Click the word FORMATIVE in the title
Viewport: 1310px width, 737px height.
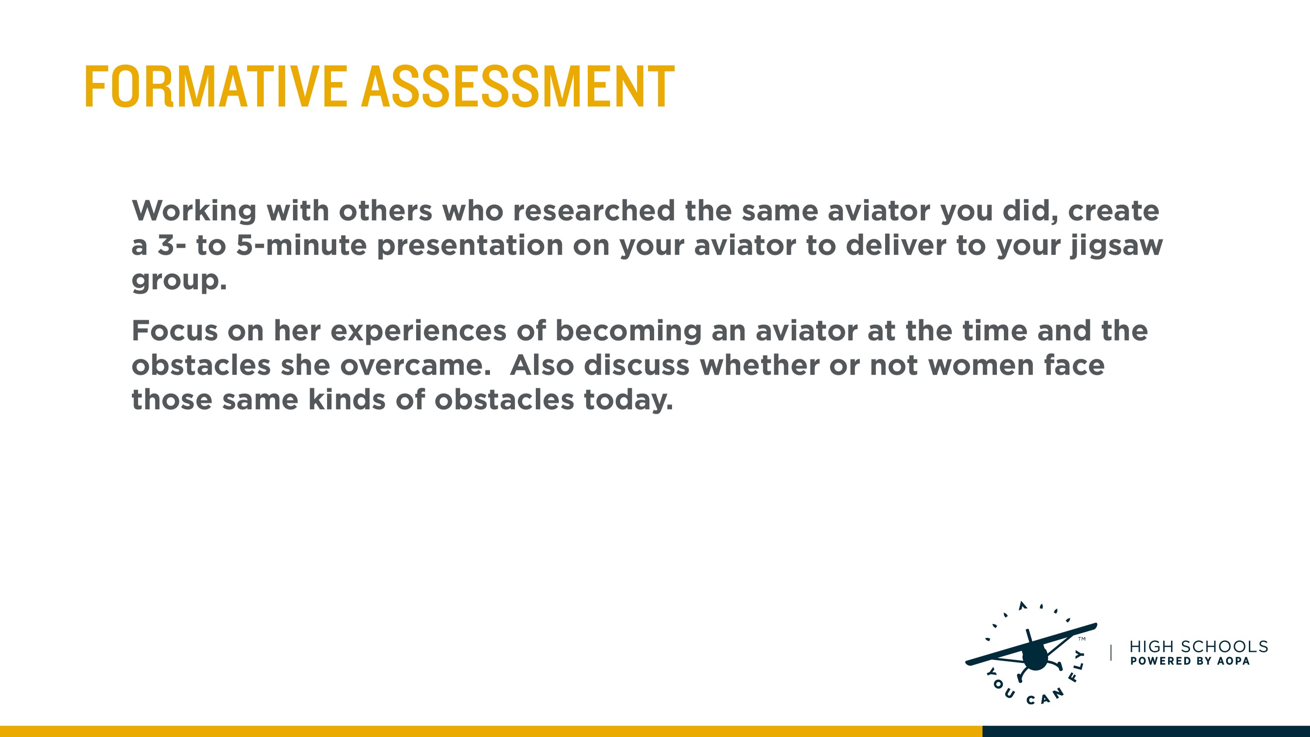[216, 86]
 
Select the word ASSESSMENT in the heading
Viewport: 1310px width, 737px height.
[518, 86]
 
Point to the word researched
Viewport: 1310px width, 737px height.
[594, 210]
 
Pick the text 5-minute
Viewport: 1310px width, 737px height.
[302, 245]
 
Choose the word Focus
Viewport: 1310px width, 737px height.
[175, 331]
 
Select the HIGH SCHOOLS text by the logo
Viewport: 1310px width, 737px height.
[1199, 647]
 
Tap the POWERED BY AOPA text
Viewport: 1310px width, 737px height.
[1189, 661]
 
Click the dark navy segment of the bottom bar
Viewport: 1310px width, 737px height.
[1146, 731]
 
